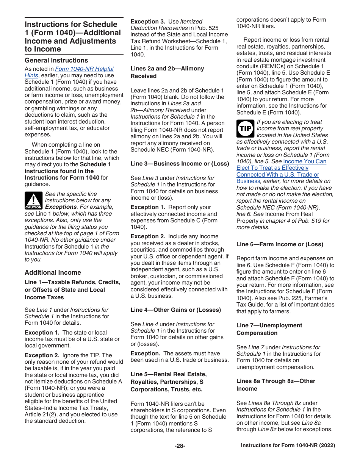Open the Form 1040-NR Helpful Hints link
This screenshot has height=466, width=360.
(84, 69)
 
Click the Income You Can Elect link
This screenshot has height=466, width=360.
(304, 161)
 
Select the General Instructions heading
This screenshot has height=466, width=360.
(56, 60)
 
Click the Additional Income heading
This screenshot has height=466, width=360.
(53, 272)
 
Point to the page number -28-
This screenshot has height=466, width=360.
(180, 446)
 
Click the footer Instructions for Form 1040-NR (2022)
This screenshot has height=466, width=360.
(288, 446)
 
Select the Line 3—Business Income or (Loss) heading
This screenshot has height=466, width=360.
(180, 164)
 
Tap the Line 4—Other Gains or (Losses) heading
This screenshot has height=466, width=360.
(175, 310)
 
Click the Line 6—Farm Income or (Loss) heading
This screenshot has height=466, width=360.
(280, 244)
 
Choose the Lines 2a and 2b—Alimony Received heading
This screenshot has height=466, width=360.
(167, 72)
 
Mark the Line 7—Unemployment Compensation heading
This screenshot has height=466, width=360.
(269, 329)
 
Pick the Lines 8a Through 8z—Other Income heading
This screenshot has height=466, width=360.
(275, 385)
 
